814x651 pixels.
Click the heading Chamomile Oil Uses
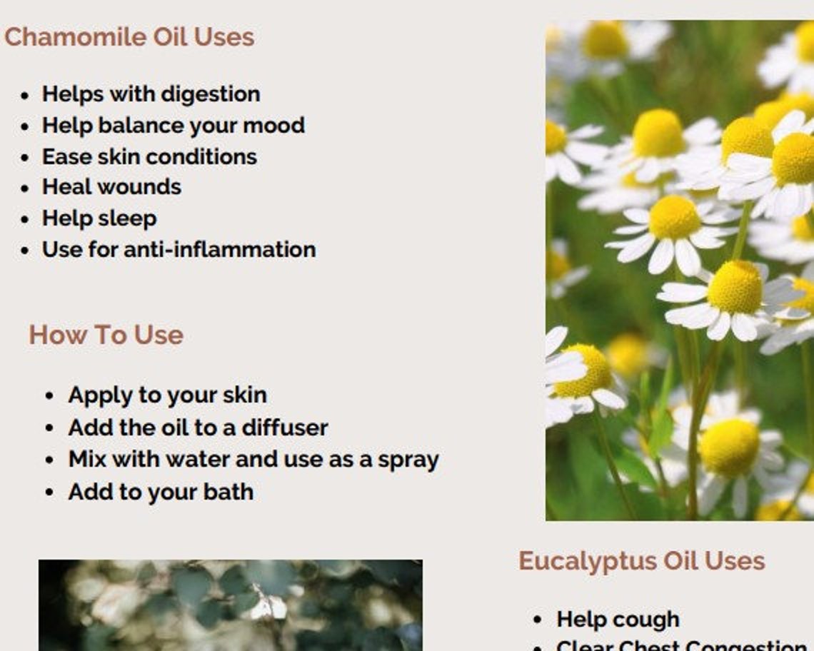(x=129, y=37)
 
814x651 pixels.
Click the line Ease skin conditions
(x=149, y=157)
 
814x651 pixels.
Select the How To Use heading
(x=106, y=335)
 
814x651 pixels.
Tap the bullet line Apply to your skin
(x=167, y=395)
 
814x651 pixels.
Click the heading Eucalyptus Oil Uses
(x=641, y=561)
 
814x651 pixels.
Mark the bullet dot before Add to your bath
(x=49, y=493)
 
